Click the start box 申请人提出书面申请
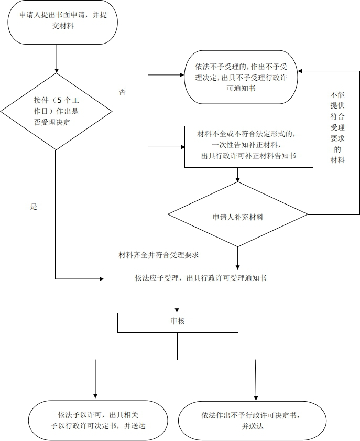click(62, 22)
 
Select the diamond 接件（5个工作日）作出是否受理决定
click(56, 111)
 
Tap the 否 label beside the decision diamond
click(122, 92)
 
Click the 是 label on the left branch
click(34, 207)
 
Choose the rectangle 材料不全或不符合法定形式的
click(249, 146)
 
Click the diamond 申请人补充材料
click(238, 215)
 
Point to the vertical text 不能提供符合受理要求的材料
click(337, 128)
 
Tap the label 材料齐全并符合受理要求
click(158, 255)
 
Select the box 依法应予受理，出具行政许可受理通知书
click(201, 279)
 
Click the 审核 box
click(178, 322)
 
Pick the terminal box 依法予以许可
click(97, 420)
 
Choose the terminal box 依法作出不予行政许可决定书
click(252, 421)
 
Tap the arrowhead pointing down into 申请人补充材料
click(238, 179)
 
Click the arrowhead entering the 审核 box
click(178, 310)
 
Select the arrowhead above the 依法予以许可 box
click(95, 397)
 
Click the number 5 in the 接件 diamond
click(59, 100)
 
